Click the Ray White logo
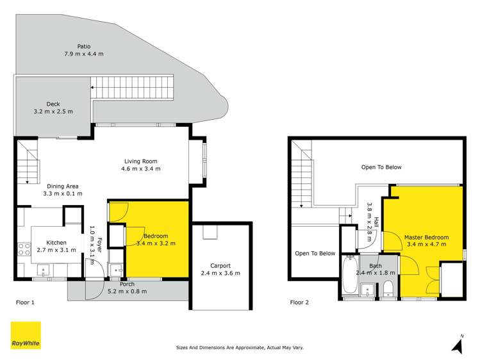[26, 336]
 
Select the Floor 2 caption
[299, 302]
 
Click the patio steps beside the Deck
[133, 86]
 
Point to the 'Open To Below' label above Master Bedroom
[381, 167]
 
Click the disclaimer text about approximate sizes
[240, 348]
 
